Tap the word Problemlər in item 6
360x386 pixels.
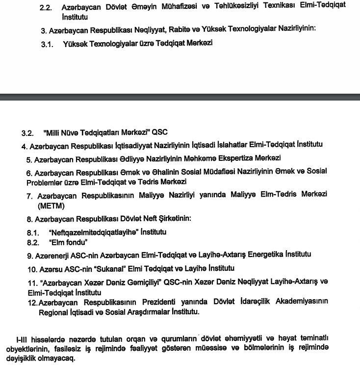(45, 181)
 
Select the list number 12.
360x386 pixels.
(32, 301)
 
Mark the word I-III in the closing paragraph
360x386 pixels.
(22, 338)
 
